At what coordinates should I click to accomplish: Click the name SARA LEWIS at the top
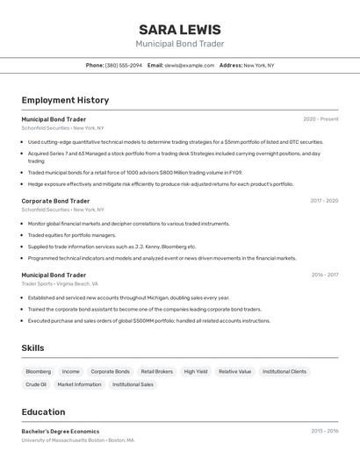pyautogui.click(x=180, y=29)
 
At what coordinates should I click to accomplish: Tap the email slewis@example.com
pyautogui.click(x=190, y=65)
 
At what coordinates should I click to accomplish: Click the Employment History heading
pyautogui.click(x=65, y=100)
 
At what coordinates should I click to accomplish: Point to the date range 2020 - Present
pyautogui.click(x=320, y=119)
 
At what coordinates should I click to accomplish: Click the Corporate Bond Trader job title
pyautogui.click(x=55, y=201)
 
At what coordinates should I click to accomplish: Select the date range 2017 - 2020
pyautogui.click(x=324, y=201)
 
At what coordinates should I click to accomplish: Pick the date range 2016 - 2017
pyautogui.click(x=325, y=275)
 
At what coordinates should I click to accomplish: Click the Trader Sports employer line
pyautogui.click(x=60, y=284)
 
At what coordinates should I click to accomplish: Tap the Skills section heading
pyautogui.click(x=32, y=348)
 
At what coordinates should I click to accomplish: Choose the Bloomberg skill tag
pyautogui.click(x=39, y=371)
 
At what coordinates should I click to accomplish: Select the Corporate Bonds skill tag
pyautogui.click(x=110, y=371)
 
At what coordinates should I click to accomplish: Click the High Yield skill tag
pyautogui.click(x=196, y=371)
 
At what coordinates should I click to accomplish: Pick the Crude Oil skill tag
pyautogui.click(x=36, y=384)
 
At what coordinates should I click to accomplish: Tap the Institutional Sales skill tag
pyautogui.click(x=133, y=384)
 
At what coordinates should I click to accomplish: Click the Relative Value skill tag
pyautogui.click(x=234, y=371)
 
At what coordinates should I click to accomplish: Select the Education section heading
pyautogui.click(x=43, y=412)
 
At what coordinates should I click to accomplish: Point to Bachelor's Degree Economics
pyautogui.click(x=61, y=432)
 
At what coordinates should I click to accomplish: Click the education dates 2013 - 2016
pyautogui.click(x=325, y=432)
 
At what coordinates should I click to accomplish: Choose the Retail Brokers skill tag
pyautogui.click(x=157, y=371)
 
